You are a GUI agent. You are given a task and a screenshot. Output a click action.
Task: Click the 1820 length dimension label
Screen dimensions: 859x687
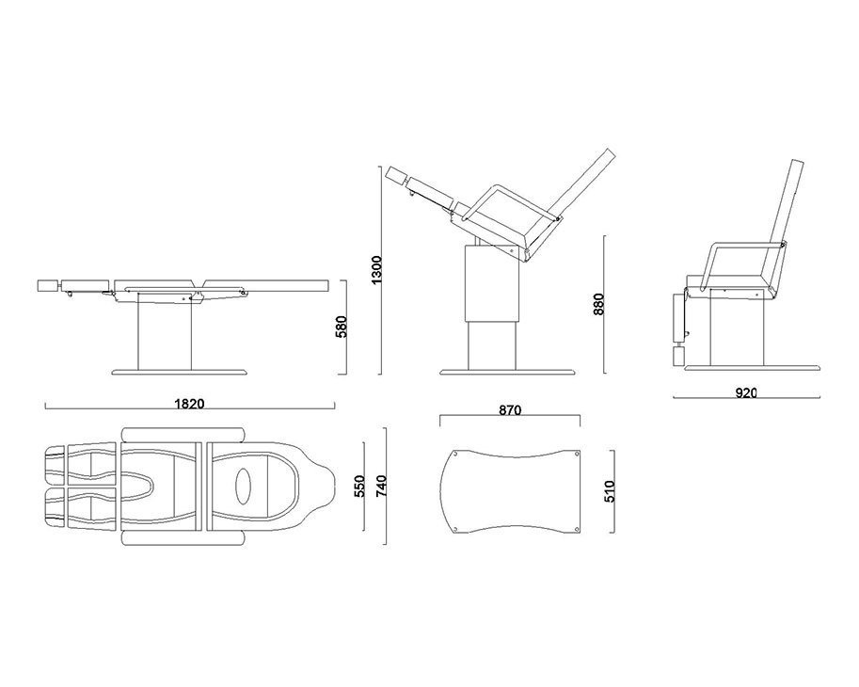tap(189, 405)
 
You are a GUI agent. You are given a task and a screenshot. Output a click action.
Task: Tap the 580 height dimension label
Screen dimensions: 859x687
tap(342, 328)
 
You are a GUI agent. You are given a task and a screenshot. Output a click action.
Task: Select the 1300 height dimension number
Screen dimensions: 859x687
tap(377, 269)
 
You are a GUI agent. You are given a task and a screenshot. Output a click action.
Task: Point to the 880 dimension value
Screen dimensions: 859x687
tap(598, 304)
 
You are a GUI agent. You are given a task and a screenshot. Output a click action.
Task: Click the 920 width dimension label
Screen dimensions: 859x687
tap(745, 392)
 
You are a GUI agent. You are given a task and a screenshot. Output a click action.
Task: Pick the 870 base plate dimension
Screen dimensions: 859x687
tap(510, 409)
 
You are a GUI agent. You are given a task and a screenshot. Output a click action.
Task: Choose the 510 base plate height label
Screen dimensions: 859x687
tap(610, 491)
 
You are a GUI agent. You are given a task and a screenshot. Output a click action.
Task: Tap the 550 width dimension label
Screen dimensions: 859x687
tap(360, 486)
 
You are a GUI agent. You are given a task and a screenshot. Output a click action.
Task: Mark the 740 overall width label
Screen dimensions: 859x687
tap(381, 486)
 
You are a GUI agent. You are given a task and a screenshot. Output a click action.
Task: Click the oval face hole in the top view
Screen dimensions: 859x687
tap(244, 486)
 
